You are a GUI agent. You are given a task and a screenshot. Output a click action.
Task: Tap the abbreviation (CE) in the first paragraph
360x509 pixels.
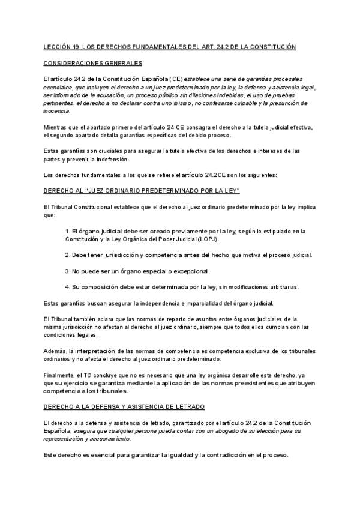tap(175, 79)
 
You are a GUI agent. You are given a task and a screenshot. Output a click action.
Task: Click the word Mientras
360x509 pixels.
tap(56, 127)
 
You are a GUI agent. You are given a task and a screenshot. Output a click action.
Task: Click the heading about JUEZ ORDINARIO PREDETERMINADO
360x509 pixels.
tap(142, 190)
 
